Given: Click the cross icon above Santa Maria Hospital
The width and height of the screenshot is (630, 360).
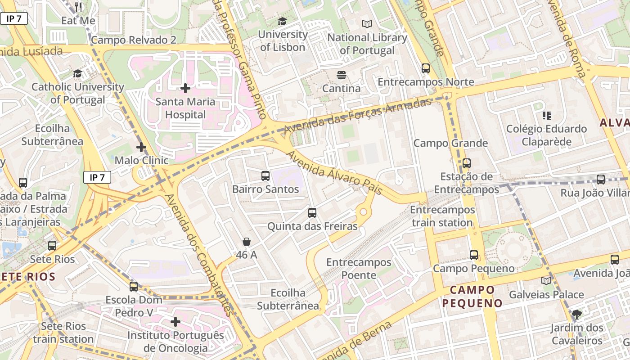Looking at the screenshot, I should [x=185, y=88].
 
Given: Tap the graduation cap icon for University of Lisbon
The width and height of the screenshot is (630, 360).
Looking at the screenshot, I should [x=282, y=21].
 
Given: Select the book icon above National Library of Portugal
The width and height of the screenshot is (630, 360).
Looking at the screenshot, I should [x=367, y=24].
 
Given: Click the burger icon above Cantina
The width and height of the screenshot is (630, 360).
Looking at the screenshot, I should [x=341, y=75].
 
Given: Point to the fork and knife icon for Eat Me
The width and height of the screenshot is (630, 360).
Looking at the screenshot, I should [x=78, y=7].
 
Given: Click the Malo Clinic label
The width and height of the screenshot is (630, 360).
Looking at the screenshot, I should [x=141, y=160].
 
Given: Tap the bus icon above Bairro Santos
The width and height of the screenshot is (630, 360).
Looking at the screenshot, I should [x=265, y=176].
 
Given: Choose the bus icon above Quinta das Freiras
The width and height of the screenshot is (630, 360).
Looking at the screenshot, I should [x=312, y=213].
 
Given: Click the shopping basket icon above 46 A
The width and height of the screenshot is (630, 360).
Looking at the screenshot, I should [x=246, y=242].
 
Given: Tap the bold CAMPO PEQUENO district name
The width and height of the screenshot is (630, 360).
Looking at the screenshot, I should [x=472, y=296].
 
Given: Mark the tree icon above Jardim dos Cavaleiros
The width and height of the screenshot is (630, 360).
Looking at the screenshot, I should [x=576, y=315].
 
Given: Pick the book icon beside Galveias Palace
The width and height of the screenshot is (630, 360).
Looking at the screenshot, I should [x=546, y=281].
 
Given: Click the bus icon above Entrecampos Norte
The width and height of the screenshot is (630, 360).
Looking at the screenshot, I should [x=426, y=68].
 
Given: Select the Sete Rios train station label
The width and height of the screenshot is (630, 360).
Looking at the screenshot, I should [x=63, y=333].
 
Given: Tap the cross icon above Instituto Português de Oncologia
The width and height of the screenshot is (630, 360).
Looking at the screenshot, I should [x=175, y=322].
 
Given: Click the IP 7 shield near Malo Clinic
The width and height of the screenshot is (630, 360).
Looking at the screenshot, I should [x=97, y=177].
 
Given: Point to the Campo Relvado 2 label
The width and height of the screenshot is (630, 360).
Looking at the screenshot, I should [x=134, y=40].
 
